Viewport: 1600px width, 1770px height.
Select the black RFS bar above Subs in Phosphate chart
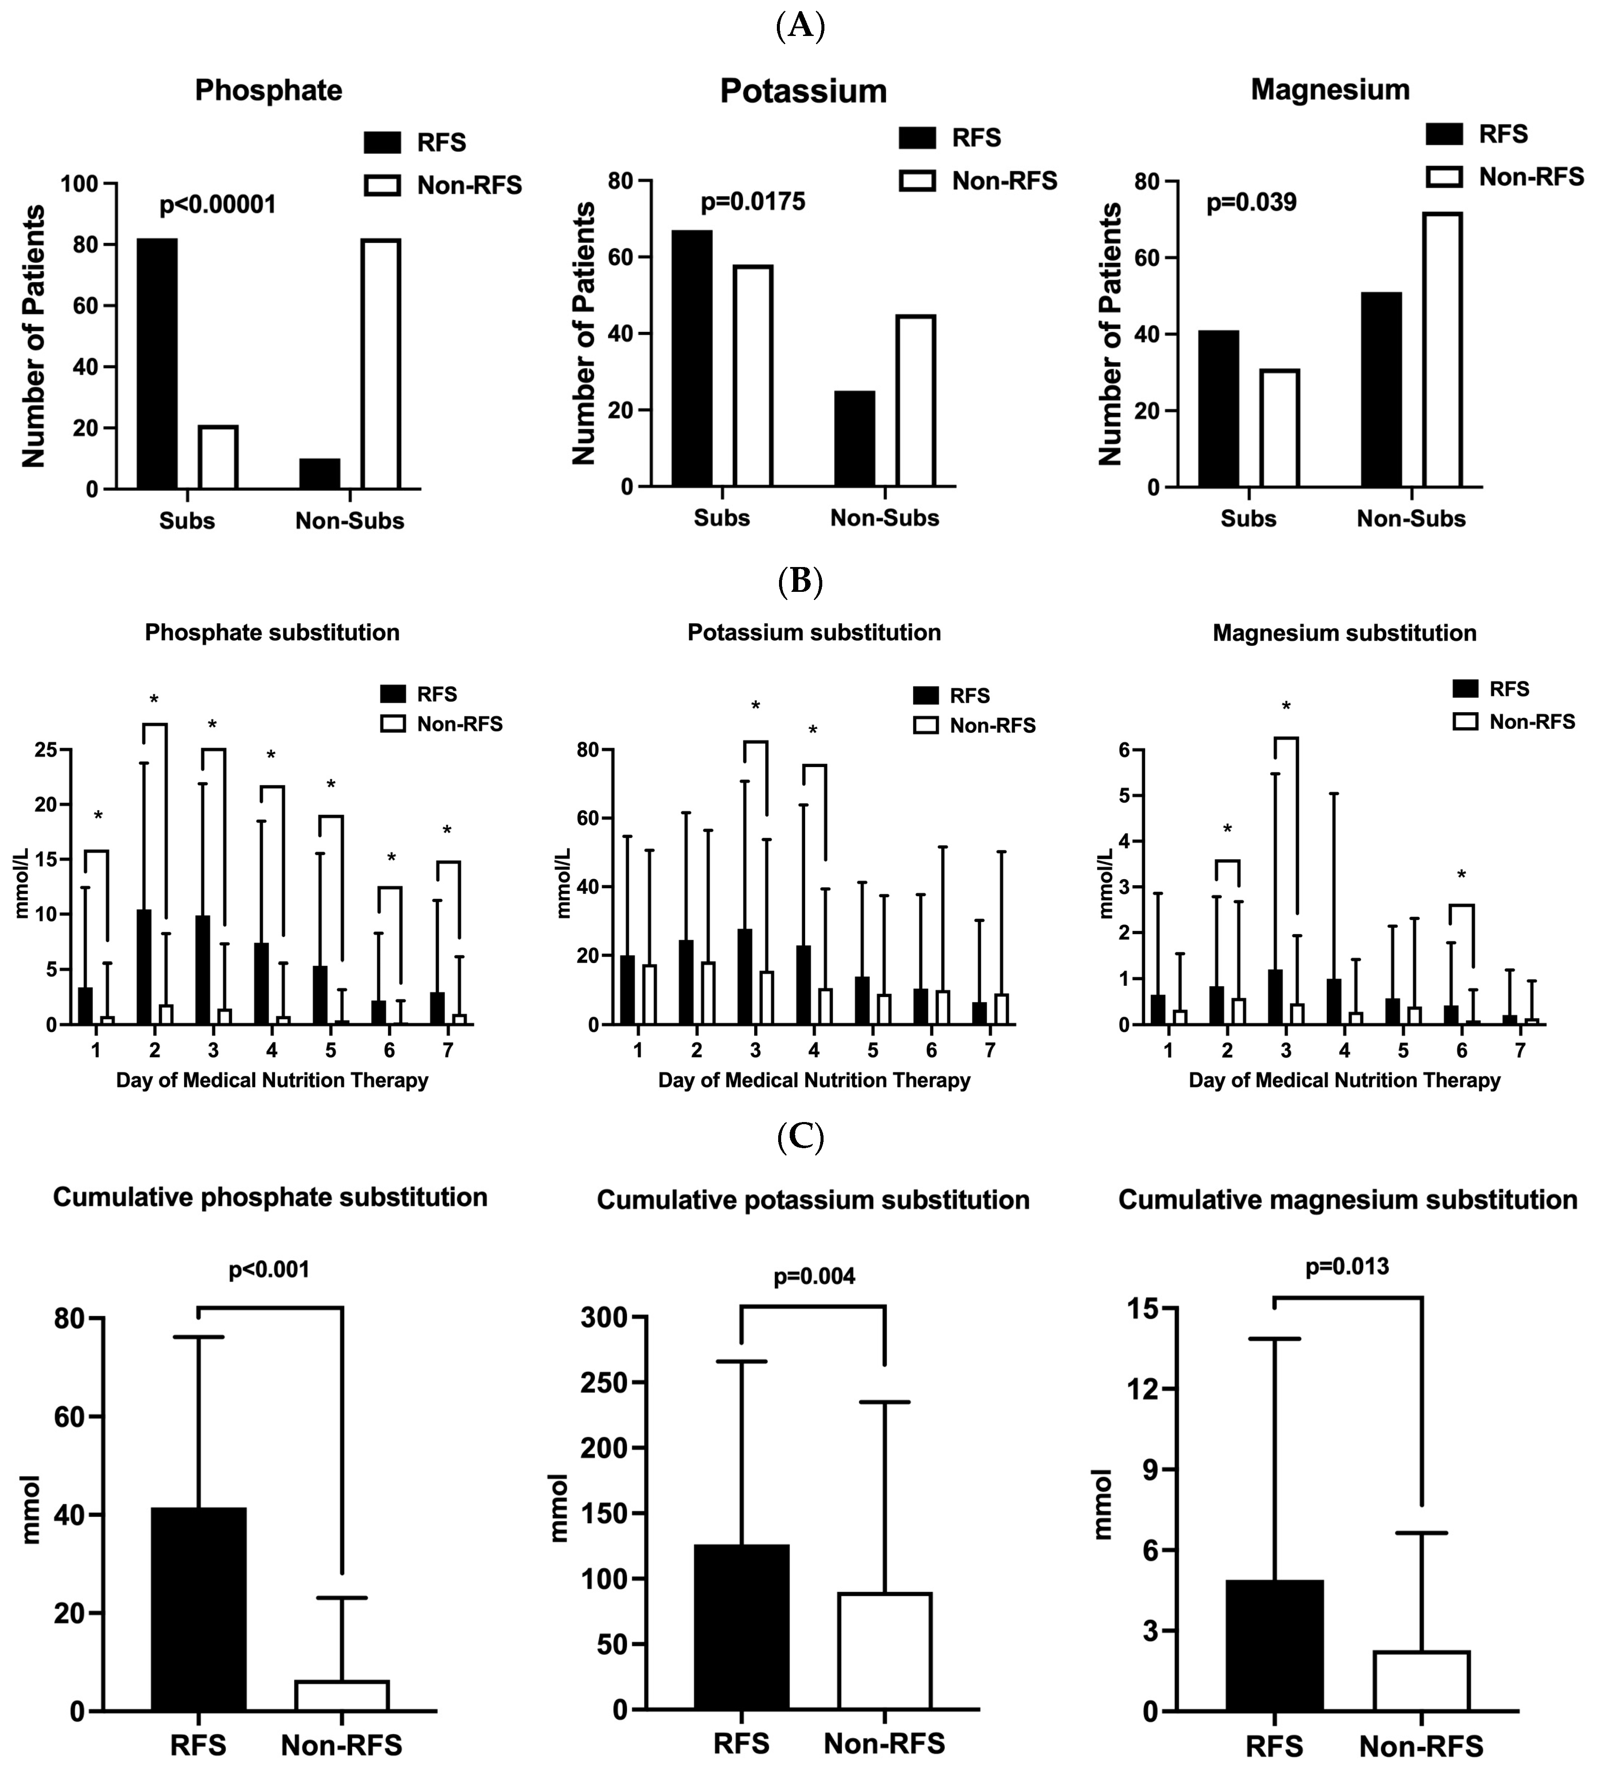coord(157,364)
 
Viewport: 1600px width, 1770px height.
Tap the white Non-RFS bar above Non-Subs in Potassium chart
coord(916,400)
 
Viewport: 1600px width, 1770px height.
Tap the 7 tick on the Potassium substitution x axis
coord(990,1050)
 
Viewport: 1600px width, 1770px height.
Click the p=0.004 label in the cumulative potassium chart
coord(814,1277)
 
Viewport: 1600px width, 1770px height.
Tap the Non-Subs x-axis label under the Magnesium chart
coord(1410,519)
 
